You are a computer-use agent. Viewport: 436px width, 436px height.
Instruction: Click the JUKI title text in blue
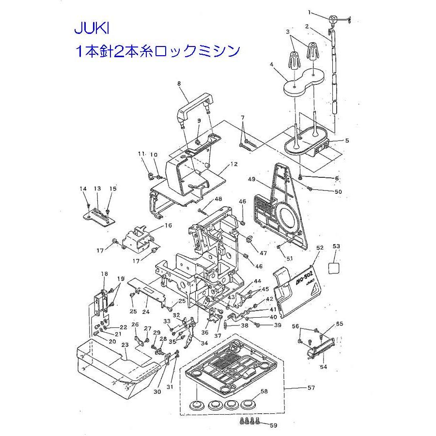pos(92,29)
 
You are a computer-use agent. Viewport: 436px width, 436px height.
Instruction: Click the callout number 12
pos(234,164)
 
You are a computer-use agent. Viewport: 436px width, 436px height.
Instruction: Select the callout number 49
pos(251,180)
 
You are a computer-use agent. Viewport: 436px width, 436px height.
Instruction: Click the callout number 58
pos(265,390)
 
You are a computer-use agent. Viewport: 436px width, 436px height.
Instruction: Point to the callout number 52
pos(320,248)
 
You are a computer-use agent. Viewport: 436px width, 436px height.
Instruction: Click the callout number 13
pos(97,188)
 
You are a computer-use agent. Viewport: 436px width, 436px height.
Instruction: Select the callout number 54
pos(323,367)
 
